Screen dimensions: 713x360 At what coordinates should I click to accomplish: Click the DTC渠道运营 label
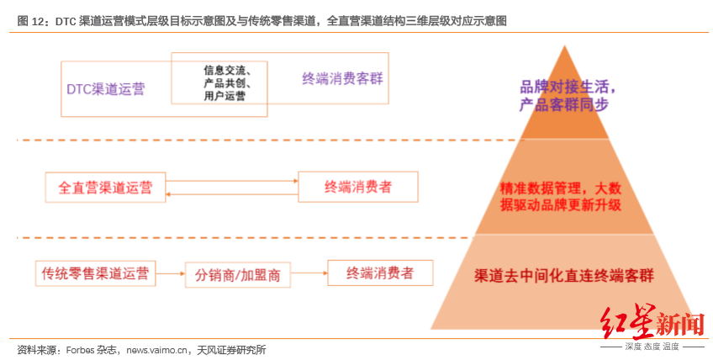pyautogui.click(x=105, y=89)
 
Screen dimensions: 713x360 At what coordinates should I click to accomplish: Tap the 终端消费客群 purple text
pyautogui.click(x=342, y=78)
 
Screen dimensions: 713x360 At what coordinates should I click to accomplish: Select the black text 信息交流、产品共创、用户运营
pyautogui.click(x=227, y=82)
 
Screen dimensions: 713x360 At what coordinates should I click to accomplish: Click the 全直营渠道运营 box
pyautogui.click(x=105, y=187)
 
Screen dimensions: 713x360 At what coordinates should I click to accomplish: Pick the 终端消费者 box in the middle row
pyautogui.click(x=358, y=187)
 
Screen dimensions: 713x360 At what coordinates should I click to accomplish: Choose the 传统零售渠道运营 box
pyautogui.click(x=96, y=273)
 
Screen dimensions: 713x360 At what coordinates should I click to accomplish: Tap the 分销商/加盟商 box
pyautogui.click(x=237, y=275)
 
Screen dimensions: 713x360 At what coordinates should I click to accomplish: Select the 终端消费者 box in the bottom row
pyautogui.click(x=380, y=273)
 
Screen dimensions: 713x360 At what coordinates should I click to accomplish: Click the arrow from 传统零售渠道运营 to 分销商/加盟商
pyautogui.click(x=171, y=273)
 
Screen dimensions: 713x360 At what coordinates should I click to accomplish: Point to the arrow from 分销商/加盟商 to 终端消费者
pyautogui.click(x=309, y=273)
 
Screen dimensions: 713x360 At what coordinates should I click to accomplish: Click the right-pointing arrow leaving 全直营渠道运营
pyautogui.click(x=232, y=181)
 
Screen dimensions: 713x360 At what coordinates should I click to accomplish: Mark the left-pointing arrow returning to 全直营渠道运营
pyautogui.click(x=232, y=194)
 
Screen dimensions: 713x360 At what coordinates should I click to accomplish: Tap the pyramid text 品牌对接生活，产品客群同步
pyautogui.click(x=567, y=95)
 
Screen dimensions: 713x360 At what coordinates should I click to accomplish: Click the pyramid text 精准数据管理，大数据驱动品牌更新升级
pyautogui.click(x=560, y=196)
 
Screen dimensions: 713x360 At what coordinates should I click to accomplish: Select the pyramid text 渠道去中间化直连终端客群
pyautogui.click(x=564, y=275)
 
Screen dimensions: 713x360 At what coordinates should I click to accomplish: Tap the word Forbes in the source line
pyautogui.click(x=81, y=350)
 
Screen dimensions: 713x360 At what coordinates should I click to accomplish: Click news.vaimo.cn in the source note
pyautogui.click(x=157, y=350)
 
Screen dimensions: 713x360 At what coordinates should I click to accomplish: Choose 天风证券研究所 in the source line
pyautogui.click(x=231, y=350)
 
